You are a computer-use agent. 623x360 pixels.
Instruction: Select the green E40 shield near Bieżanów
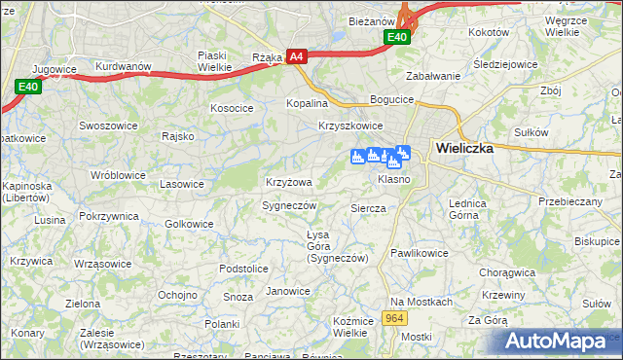point(396,37)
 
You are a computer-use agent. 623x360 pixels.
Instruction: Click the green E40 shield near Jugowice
point(28,88)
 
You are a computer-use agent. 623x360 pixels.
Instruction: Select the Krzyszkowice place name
point(350,126)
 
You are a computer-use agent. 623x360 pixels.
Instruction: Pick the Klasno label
point(393,180)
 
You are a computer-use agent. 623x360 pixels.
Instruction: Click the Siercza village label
point(368,208)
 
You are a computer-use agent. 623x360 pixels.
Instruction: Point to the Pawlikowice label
point(419,253)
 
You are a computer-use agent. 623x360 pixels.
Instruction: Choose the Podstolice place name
point(243,269)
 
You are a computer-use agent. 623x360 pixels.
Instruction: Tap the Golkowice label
point(189,224)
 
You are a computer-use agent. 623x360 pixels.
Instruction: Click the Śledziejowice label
point(505,64)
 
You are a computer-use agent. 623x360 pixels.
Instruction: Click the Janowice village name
point(288,291)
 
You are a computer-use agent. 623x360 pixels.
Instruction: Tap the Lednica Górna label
point(467,209)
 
